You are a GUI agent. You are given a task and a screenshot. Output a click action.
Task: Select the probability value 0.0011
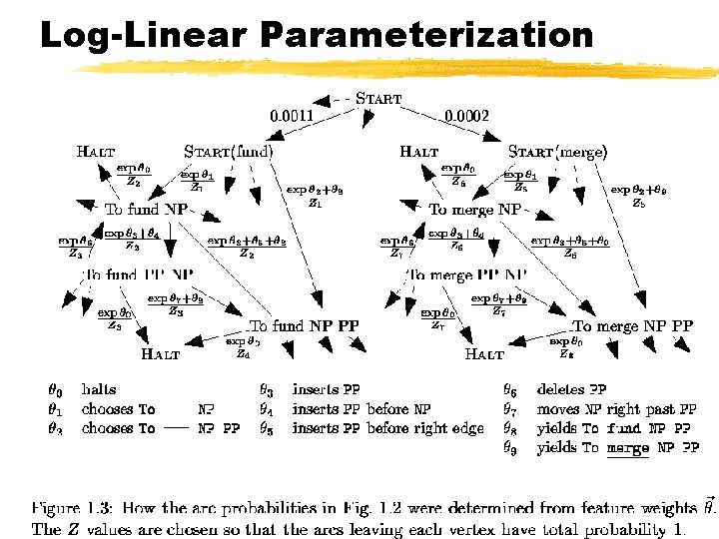[x=293, y=116]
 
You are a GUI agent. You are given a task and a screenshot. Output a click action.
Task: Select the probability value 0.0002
[x=466, y=116]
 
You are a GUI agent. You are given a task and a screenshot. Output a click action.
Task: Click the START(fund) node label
[x=229, y=153]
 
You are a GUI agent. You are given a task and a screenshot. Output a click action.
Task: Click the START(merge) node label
[x=557, y=153]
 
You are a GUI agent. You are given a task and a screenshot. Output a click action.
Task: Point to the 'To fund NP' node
[x=146, y=210]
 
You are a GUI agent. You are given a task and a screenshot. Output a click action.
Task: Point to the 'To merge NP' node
[x=474, y=210]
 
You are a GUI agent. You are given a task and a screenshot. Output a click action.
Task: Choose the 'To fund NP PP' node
[x=304, y=325]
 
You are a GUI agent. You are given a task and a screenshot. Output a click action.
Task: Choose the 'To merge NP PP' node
[x=632, y=325]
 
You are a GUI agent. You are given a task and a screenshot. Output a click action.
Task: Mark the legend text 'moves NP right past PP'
[x=616, y=408]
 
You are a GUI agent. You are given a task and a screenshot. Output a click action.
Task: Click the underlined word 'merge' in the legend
[x=627, y=448]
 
